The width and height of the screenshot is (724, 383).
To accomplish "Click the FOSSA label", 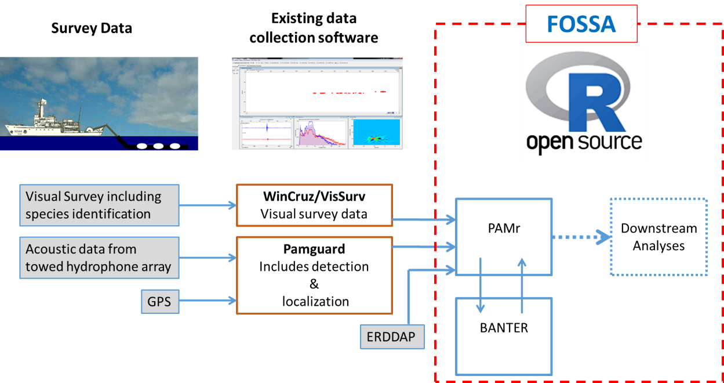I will tap(581, 24).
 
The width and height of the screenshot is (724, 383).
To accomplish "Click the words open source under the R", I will tap(584, 142).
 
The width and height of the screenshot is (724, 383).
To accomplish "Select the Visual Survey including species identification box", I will tap(99, 205).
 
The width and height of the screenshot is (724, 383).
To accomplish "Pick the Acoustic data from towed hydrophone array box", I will tap(99, 258).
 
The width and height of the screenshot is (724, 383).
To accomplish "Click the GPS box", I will tap(159, 302).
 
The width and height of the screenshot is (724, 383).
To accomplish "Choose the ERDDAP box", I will tap(392, 337).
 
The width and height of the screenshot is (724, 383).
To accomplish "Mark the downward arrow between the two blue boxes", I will tap(480, 284).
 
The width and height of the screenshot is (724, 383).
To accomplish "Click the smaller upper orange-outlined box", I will tap(314, 205).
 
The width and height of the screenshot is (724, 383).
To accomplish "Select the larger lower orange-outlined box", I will tap(314, 275).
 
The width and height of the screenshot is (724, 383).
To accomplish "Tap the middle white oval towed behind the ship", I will tap(158, 146).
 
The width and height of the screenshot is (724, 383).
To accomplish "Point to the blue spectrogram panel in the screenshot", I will tap(376, 132).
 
